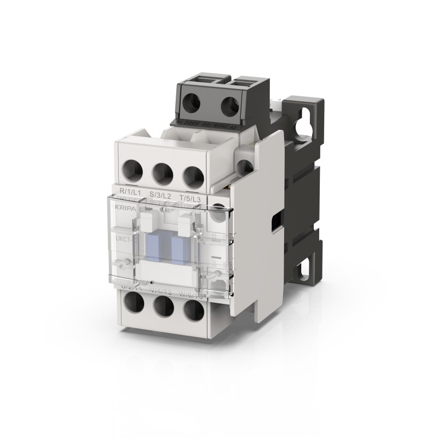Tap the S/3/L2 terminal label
coord(160,195)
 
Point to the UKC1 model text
coord(123,239)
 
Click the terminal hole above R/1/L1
coord(131,171)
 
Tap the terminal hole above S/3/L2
coord(163,174)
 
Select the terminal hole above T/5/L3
coord(193,176)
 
